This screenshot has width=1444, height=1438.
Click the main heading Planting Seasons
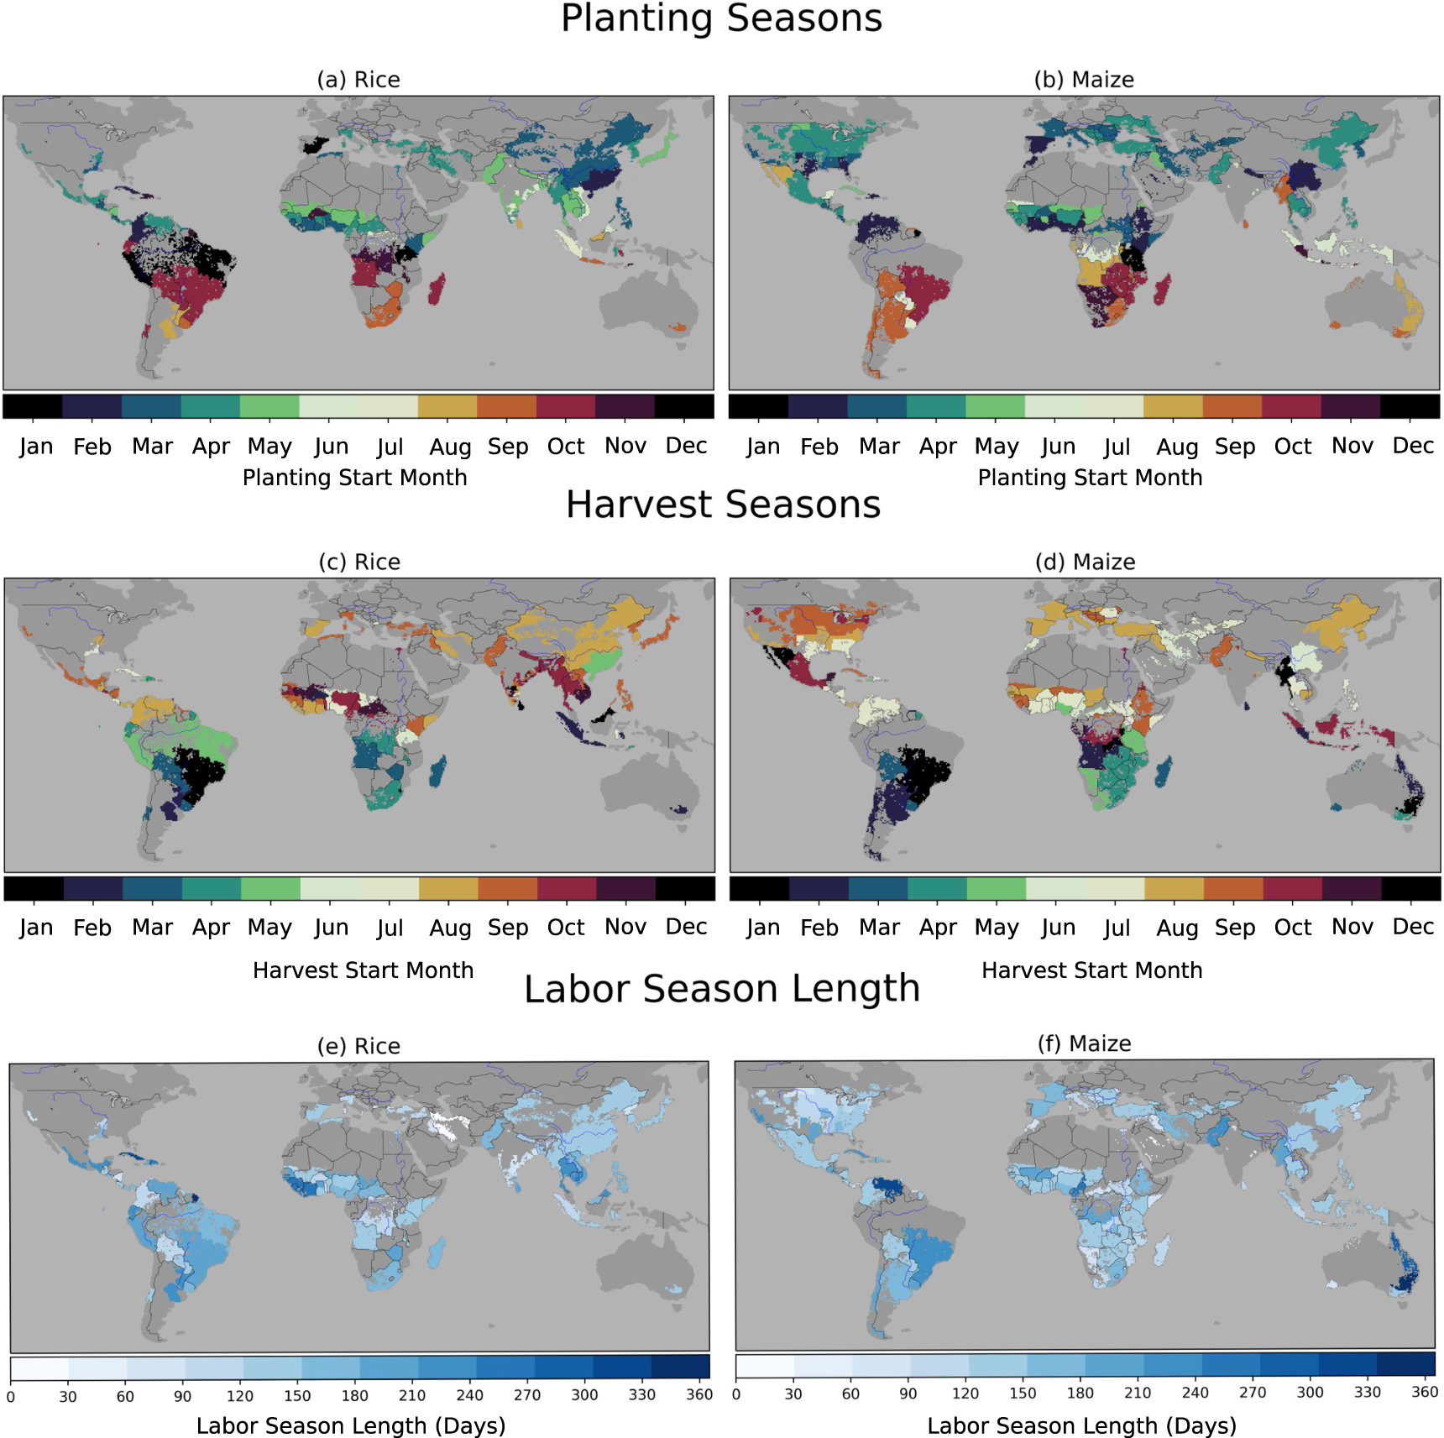[721, 18]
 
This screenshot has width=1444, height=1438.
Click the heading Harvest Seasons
[723, 505]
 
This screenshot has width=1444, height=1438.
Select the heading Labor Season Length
[722, 988]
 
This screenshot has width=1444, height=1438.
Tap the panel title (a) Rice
[358, 80]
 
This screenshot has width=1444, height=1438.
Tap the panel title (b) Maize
[1084, 80]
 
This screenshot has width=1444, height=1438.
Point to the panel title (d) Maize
[1085, 562]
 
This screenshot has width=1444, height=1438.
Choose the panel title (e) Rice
[358, 1046]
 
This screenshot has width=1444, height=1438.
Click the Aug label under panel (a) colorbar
[450, 447]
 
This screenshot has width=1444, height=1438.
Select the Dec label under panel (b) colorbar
[1413, 446]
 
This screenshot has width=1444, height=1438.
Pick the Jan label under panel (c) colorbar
[35, 928]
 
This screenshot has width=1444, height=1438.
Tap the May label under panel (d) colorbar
[996, 928]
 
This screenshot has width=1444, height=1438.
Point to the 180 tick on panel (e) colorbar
[354, 1395]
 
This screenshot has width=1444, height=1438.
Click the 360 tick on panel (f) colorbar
[1425, 1392]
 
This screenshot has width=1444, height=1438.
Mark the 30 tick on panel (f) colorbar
[793, 1394]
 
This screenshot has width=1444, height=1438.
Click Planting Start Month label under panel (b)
[1090, 478]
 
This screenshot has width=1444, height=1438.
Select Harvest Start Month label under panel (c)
[363, 970]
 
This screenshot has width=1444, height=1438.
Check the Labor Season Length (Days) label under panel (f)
[1081, 1425]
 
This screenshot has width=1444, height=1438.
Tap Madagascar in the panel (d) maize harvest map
[1163, 771]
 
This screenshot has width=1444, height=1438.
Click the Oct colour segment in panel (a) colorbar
[566, 406]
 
